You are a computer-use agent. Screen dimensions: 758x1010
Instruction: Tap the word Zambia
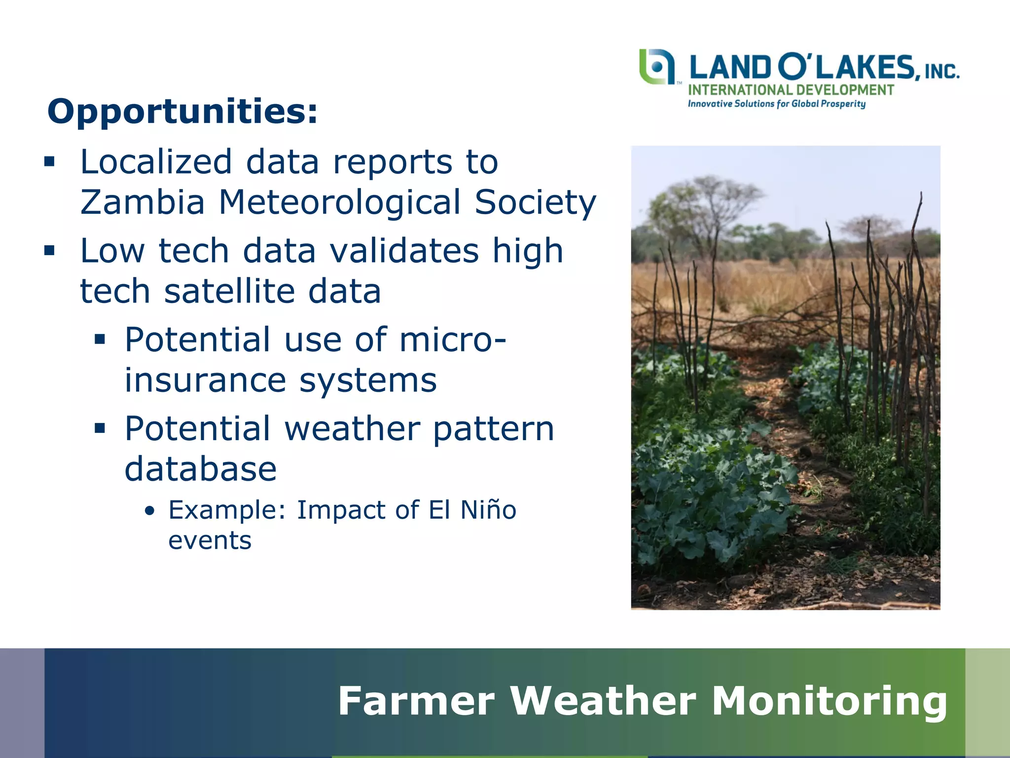pyautogui.click(x=142, y=202)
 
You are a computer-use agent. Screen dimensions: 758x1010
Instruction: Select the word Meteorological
pyautogui.click(x=340, y=202)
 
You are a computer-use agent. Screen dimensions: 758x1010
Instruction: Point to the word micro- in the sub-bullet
pyautogui.click(x=452, y=340)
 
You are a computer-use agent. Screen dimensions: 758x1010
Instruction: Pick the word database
pyautogui.click(x=200, y=469)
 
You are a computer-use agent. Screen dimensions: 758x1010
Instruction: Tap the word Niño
pyautogui.click(x=488, y=510)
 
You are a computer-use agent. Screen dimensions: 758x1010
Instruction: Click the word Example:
pyautogui.click(x=227, y=510)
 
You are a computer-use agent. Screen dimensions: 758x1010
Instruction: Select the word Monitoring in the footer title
pyautogui.click(x=829, y=701)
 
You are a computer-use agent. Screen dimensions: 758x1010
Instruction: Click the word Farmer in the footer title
pyautogui.click(x=416, y=701)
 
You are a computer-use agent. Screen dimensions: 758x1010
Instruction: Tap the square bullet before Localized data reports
pyautogui.click(x=49, y=162)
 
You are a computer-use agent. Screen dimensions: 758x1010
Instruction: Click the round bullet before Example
pyautogui.click(x=150, y=511)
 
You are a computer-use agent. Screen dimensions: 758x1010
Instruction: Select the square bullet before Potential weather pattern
pyautogui.click(x=100, y=428)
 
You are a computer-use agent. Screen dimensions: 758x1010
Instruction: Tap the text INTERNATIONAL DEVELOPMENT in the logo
pyautogui.click(x=791, y=90)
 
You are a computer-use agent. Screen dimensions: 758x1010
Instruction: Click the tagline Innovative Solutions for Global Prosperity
pyautogui.click(x=777, y=104)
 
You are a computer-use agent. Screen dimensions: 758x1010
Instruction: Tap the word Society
pyautogui.click(x=536, y=202)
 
